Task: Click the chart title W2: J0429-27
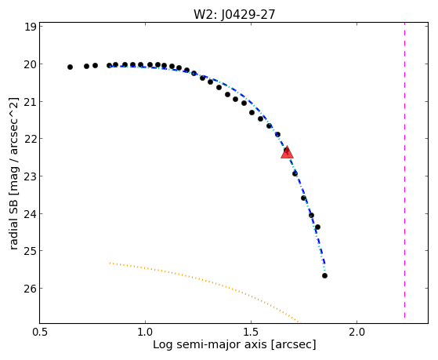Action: tap(234, 15)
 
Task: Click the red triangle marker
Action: tap(287, 152)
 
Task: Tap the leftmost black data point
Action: tap(70, 67)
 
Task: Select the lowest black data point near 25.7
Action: tap(324, 276)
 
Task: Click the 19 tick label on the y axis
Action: tap(31, 27)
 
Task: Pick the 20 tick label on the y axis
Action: tap(31, 64)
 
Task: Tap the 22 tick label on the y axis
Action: tap(31, 139)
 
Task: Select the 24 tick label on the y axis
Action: tap(31, 214)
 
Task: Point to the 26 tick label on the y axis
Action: tap(31, 289)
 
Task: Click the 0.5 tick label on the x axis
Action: tap(40, 332)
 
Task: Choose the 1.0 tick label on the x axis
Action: tap(145, 332)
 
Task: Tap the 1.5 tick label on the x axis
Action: tap(251, 332)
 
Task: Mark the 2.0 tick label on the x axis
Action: tap(357, 332)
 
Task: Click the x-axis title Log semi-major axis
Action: tap(210, 345)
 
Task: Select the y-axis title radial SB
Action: tap(13, 228)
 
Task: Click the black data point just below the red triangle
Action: tap(295, 174)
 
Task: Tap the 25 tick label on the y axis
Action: tap(31, 251)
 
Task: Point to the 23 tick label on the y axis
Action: tap(31, 176)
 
